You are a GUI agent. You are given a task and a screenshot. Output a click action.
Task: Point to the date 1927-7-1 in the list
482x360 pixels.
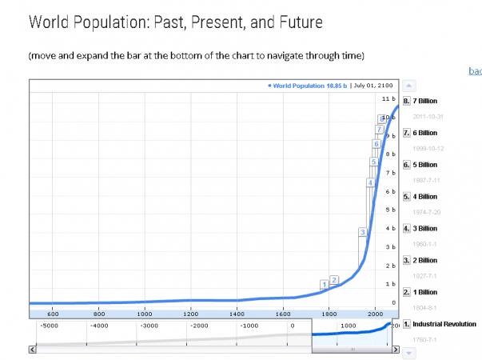[x=424, y=276]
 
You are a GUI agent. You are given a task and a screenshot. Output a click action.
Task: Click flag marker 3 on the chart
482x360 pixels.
[x=362, y=232]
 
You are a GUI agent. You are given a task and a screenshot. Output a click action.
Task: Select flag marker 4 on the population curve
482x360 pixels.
[x=370, y=182]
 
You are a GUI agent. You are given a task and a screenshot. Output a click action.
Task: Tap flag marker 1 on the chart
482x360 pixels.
[x=324, y=284]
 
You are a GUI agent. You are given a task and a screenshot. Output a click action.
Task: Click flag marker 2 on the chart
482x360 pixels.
[x=335, y=279]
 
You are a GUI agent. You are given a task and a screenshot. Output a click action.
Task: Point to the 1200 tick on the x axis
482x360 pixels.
[x=190, y=312]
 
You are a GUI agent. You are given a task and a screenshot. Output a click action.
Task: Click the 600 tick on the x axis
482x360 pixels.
[x=53, y=312]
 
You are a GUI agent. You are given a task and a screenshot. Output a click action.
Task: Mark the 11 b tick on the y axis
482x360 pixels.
[x=389, y=98]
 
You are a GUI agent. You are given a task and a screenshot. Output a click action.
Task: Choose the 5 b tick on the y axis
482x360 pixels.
[x=389, y=210]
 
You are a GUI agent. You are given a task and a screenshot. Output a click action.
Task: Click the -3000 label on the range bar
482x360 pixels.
[x=149, y=326]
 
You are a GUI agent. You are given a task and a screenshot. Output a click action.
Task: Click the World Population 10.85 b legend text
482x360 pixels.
[x=309, y=86]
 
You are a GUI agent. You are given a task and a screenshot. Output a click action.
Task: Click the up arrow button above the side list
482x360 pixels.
[x=408, y=84]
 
